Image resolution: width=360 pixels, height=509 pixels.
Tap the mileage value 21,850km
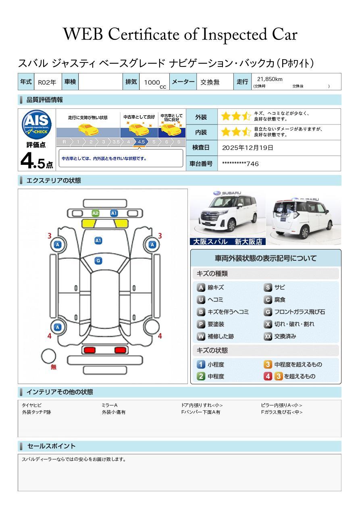pyautogui.click(x=270, y=79)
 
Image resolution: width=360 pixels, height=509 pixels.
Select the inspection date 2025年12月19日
pyautogui.click(x=248, y=148)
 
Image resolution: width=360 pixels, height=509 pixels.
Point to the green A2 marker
pyautogui.click(x=96, y=213)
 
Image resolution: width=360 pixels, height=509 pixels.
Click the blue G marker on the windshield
pyautogui.click(x=98, y=261)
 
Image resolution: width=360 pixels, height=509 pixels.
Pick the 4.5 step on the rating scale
pyautogui.click(x=141, y=142)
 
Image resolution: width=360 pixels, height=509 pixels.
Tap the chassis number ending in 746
pyautogui.click(x=240, y=164)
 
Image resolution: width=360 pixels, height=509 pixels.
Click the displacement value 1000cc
pyautogui.click(x=155, y=83)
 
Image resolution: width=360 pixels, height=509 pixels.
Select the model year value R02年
pyautogui.click(x=47, y=82)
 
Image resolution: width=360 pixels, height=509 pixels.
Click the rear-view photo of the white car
pyautogui.click(x=304, y=218)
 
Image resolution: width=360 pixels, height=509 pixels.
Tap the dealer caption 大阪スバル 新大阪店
pyautogui.click(x=227, y=241)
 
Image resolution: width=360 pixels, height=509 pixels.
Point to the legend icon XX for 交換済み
pyautogui.click(x=268, y=336)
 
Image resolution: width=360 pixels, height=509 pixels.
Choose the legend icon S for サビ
pyautogui.click(x=268, y=287)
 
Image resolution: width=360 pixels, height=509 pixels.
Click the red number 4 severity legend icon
pyautogui.click(x=268, y=376)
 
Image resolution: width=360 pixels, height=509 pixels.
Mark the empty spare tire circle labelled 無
pyautogui.click(x=48, y=356)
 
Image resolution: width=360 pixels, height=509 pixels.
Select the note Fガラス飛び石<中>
pyautogui.click(x=282, y=412)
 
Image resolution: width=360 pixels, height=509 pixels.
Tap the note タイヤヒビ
pyautogui.click(x=32, y=405)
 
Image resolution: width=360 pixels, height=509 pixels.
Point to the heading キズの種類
pyautogui.click(x=212, y=274)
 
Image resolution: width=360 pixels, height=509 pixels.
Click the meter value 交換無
pyautogui.click(x=210, y=82)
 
